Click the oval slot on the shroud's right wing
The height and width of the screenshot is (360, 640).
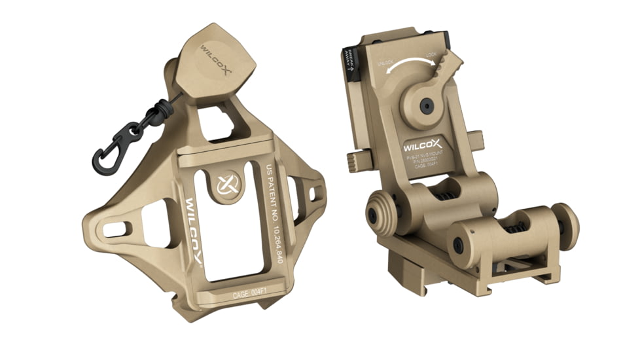(319, 193)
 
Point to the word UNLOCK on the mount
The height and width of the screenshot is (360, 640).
(385, 63)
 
